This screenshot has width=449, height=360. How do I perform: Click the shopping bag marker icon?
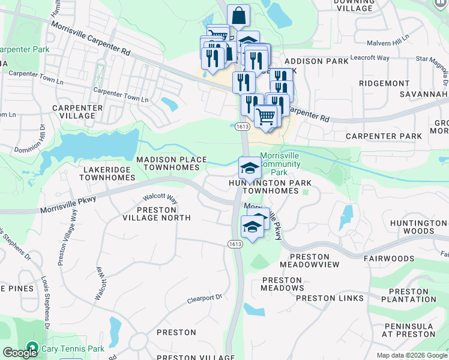tap(238, 16)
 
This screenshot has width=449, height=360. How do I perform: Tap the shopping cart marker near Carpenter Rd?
tap(267, 115)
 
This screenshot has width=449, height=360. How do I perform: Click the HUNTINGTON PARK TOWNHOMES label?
tap(264, 187)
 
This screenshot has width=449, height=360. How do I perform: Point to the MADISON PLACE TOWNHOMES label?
tap(167, 163)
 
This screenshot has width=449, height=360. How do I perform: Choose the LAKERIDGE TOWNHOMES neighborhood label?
tap(106, 174)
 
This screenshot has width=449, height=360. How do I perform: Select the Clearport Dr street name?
tap(204, 297)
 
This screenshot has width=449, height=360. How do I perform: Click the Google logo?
tap(20, 352)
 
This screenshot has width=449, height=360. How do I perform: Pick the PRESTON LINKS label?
tap(330, 298)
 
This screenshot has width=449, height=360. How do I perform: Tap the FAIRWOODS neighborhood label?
tap(389, 259)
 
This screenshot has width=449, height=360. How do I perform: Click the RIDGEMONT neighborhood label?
tap(384, 82)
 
